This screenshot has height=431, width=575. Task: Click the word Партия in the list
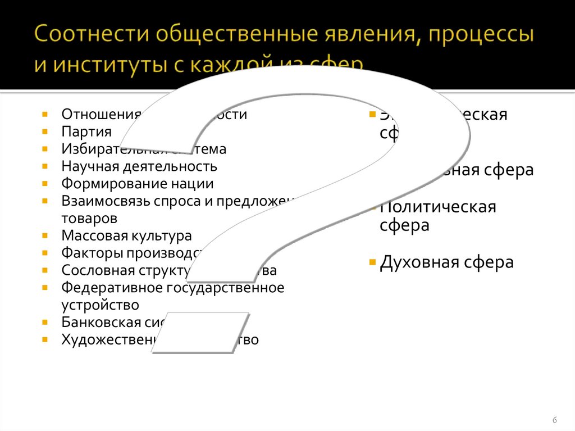click(86, 132)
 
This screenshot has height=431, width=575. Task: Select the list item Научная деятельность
click(139, 166)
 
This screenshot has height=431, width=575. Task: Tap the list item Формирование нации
click(138, 184)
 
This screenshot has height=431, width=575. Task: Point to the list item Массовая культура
click(126, 235)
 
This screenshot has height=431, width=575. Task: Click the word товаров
click(90, 218)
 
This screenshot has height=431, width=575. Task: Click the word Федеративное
click(111, 288)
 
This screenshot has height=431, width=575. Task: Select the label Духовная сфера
click(446, 262)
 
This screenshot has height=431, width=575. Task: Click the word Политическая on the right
click(438, 207)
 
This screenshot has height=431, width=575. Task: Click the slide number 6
click(555, 420)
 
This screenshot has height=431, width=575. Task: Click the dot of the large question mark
click(200, 333)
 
